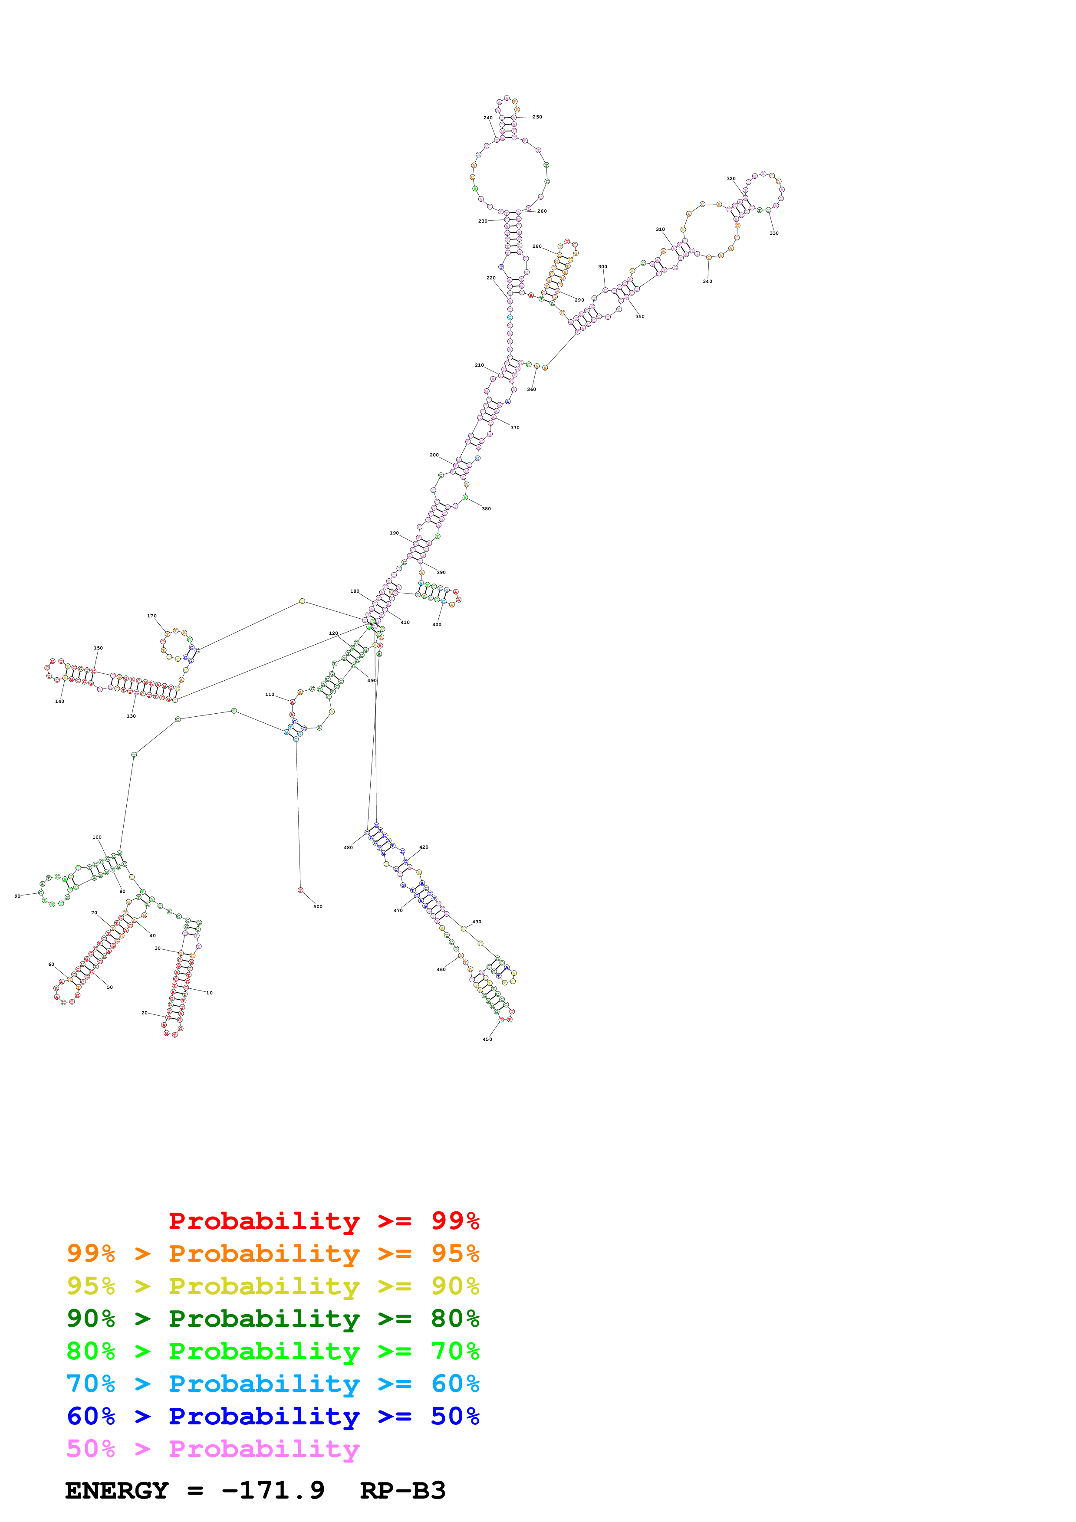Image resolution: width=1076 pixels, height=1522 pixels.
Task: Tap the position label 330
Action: [x=773, y=233]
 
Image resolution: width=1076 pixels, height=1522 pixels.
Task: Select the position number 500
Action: [x=318, y=906]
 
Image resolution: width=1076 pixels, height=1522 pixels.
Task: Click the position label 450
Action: [x=487, y=1040]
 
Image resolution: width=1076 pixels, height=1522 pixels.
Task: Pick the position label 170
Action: [x=152, y=616]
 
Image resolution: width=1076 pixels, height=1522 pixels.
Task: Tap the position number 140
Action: [x=59, y=701]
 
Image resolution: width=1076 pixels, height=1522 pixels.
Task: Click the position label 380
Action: [x=486, y=509]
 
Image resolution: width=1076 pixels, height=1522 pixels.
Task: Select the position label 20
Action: [x=145, y=1013]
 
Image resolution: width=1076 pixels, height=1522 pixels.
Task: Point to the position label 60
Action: [x=51, y=964]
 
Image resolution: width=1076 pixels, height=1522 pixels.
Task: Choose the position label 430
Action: [x=477, y=922]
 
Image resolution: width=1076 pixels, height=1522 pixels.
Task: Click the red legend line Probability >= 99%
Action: [x=323, y=1221]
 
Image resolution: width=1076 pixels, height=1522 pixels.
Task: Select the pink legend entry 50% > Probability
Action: [x=213, y=1449]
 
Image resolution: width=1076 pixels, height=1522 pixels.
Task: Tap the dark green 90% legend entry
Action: [x=273, y=1319]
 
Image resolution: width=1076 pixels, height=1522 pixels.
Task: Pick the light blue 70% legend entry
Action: [x=273, y=1384]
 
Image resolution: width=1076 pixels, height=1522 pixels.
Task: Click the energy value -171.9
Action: [x=273, y=1491]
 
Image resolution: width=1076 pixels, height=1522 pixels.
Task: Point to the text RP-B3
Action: [x=402, y=1491]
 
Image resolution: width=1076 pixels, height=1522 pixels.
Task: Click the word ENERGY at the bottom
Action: [x=117, y=1491]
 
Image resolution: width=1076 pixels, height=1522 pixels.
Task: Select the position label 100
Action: [x=97, y=837]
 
